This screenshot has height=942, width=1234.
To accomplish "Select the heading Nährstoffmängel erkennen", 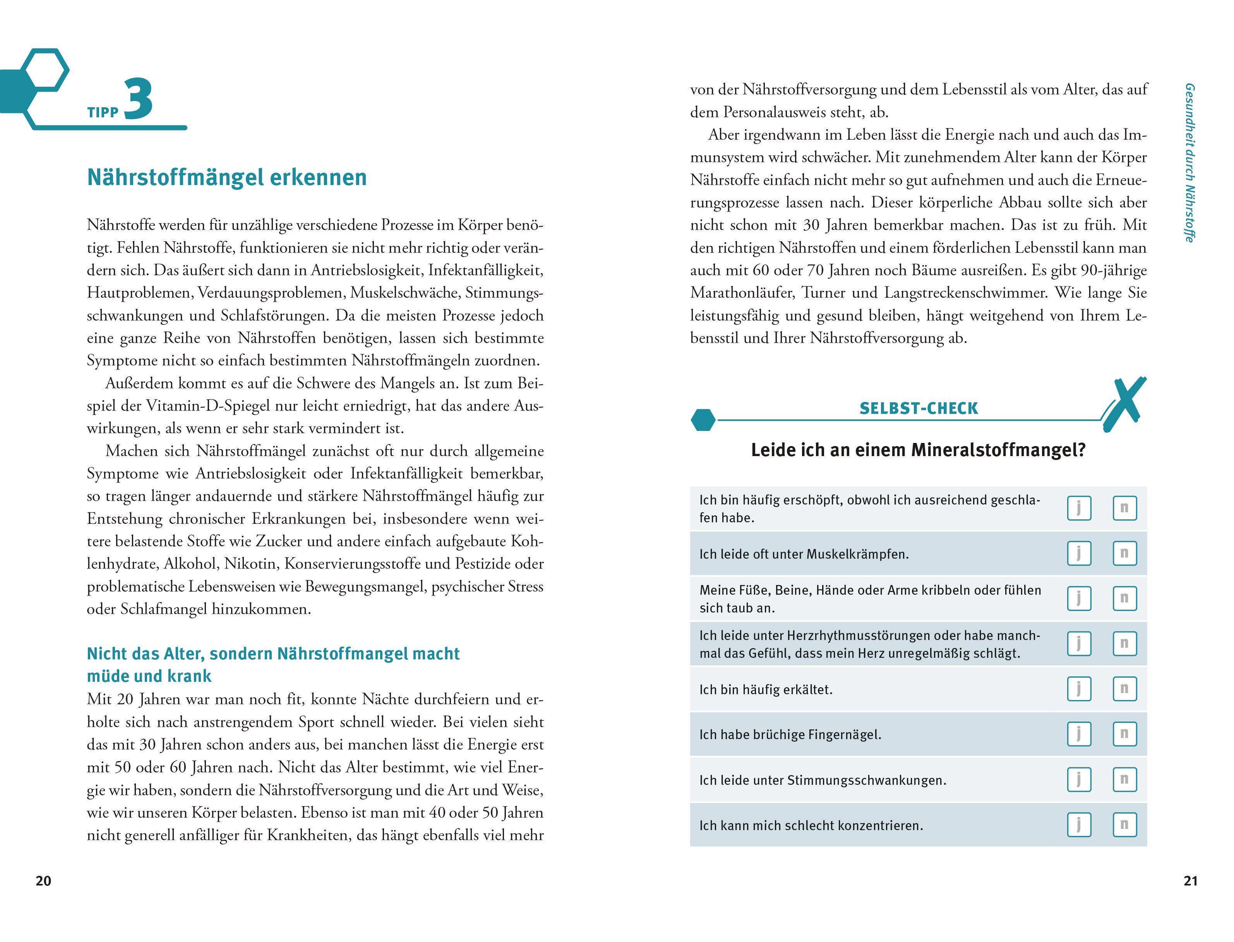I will click(226, 177).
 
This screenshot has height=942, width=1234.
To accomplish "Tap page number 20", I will click(43, 881).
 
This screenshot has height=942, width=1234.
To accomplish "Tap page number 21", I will click(1190, 881).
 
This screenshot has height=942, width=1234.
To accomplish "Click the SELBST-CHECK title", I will click(919, 408).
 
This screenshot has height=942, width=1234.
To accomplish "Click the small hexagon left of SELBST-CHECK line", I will click(703, 419).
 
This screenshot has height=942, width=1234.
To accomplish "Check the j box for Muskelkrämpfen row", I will click(1079, 553).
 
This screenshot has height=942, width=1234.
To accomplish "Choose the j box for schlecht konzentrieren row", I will click(1079, 825).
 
